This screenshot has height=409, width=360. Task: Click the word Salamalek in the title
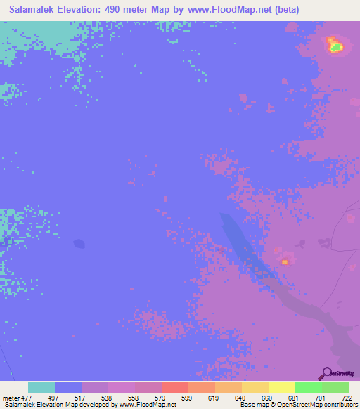click(34, 9)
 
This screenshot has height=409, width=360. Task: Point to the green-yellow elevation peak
click(335, 46)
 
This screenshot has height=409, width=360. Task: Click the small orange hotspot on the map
click(285, 261)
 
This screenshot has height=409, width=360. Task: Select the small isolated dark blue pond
click(79, 244)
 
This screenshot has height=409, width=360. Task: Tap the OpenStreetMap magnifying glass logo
click(326, 373)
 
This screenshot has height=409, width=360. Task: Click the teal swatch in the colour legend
click(41, 387)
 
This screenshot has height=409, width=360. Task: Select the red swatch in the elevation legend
click(174, 387)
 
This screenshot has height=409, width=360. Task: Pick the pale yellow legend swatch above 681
click(281, 387)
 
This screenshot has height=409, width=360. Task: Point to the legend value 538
click(107, 397)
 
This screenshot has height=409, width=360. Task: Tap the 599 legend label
click(187, 397)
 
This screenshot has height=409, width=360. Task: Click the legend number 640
click(240, 397)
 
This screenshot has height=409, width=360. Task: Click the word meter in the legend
click(10, 397)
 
